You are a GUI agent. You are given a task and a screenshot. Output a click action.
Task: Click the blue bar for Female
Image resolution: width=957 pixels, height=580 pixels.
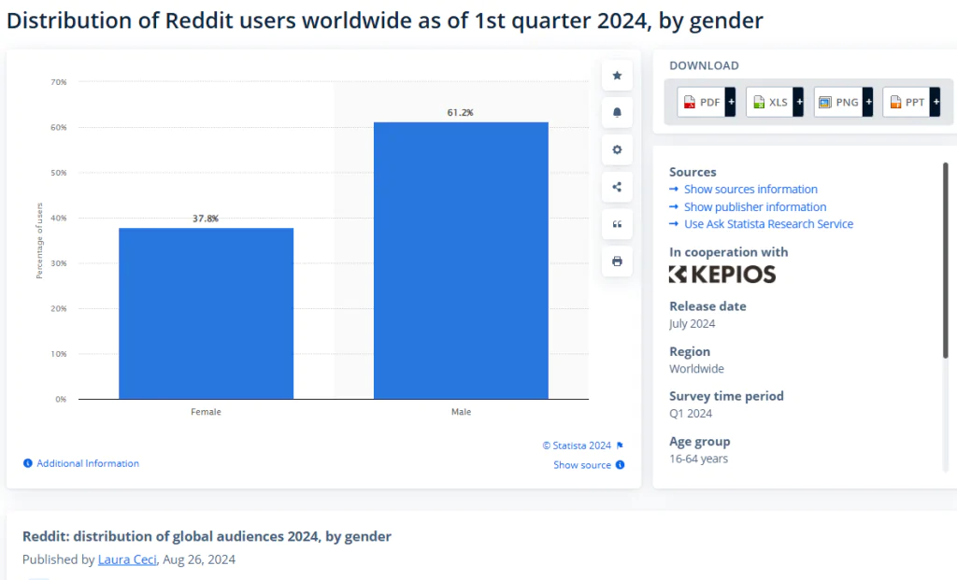206,314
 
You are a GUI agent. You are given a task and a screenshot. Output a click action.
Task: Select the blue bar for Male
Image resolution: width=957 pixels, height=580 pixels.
461,261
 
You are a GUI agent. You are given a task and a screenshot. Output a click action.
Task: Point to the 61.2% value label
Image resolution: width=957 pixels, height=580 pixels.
460,112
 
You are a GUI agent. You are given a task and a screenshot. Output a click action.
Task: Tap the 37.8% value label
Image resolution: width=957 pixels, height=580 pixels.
206,219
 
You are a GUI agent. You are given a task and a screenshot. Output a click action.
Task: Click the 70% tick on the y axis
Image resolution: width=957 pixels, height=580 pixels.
59,82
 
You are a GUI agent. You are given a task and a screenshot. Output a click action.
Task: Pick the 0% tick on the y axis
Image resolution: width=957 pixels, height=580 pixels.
61,400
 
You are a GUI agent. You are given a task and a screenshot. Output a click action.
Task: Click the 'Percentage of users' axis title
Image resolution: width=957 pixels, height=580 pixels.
39,241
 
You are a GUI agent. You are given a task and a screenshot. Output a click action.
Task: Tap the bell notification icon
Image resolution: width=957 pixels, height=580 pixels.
617,113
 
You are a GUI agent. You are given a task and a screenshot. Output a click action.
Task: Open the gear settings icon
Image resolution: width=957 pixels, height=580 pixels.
617,150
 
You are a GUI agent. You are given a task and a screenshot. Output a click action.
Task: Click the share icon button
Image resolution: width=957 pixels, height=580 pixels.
617,187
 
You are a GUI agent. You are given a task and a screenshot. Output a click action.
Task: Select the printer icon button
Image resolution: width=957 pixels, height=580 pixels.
617,262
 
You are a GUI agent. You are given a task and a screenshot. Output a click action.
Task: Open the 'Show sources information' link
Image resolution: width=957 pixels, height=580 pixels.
750,189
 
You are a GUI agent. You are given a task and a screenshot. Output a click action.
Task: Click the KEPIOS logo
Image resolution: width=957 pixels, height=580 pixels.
722,275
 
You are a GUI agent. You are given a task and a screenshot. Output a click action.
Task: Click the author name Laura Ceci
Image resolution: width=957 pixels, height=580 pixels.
127,559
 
